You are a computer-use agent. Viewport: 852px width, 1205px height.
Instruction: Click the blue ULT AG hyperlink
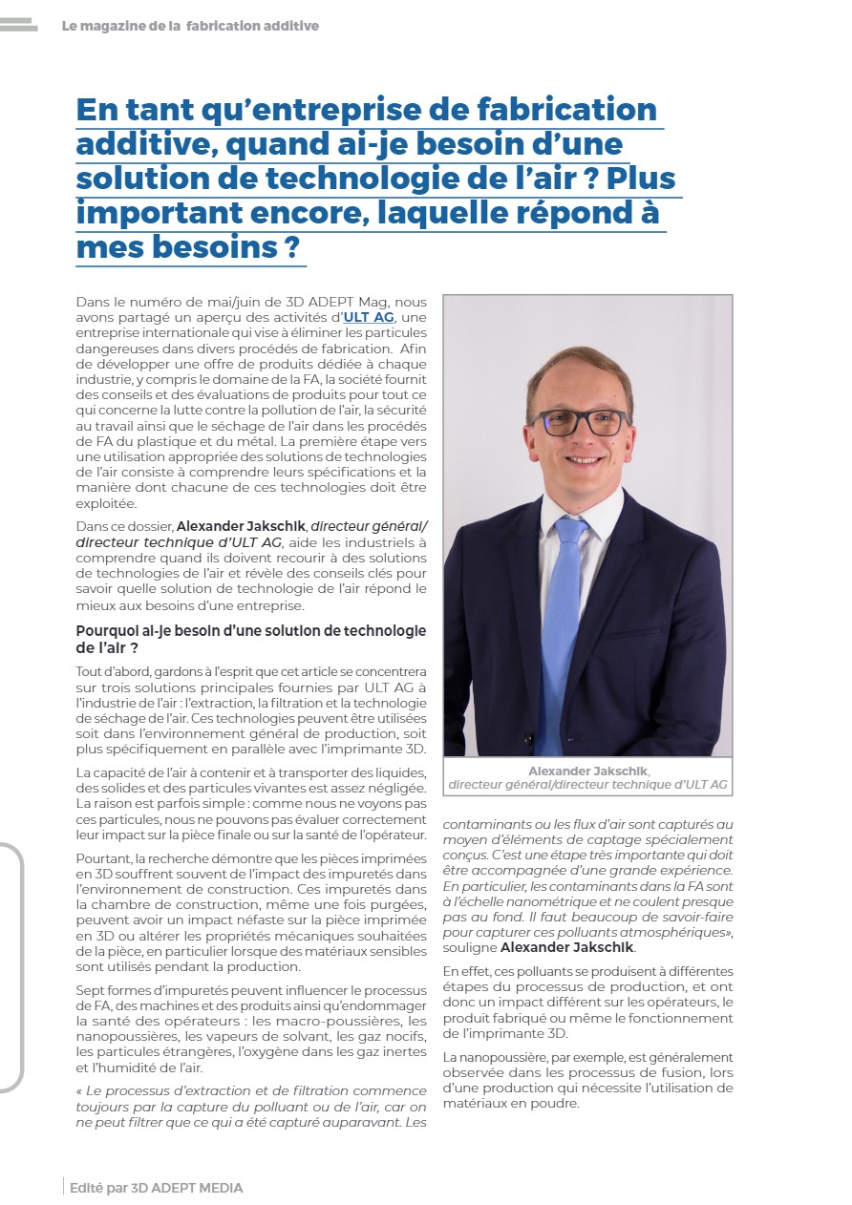point(369,317)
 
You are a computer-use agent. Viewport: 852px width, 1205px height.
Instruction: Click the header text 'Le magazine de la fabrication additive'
point(190,26)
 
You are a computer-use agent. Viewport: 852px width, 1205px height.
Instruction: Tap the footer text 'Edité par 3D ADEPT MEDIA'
point(157,1188)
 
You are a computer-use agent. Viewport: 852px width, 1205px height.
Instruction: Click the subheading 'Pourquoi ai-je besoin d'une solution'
point(251,631)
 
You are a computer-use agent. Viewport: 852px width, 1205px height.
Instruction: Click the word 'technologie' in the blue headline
point(333,179)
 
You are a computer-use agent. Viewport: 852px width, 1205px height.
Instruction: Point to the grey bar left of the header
point(18,26)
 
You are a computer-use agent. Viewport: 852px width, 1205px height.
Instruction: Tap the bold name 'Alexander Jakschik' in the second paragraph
point(242,526)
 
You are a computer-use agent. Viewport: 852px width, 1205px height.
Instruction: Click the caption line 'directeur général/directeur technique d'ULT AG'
point(587,785)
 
